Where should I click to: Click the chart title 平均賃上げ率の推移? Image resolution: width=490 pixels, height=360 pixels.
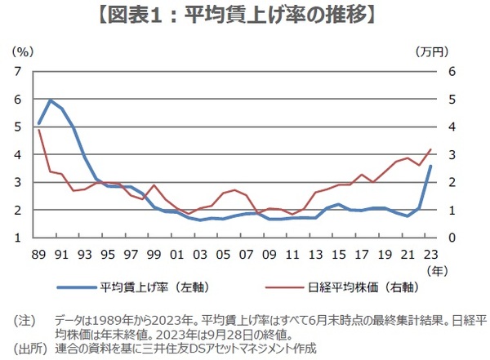pyautogui.click(x=245, y=15)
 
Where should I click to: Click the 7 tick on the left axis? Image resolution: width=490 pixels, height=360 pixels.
pyautogui.click(x=19, y=71)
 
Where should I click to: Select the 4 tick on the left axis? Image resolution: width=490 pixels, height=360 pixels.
pyautogui.click(x=19, y=154)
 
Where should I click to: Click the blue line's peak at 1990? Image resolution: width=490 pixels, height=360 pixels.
pyautogui.click(x=51, y=100)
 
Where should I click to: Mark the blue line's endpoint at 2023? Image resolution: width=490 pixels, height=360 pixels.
pyautogui.click(x=431, y=167)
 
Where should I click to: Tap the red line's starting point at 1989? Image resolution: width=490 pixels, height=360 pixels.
pyautogui.click(x=39, y=131)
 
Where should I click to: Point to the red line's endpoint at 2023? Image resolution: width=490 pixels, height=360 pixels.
pyautogui.click(x=431, y=149)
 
